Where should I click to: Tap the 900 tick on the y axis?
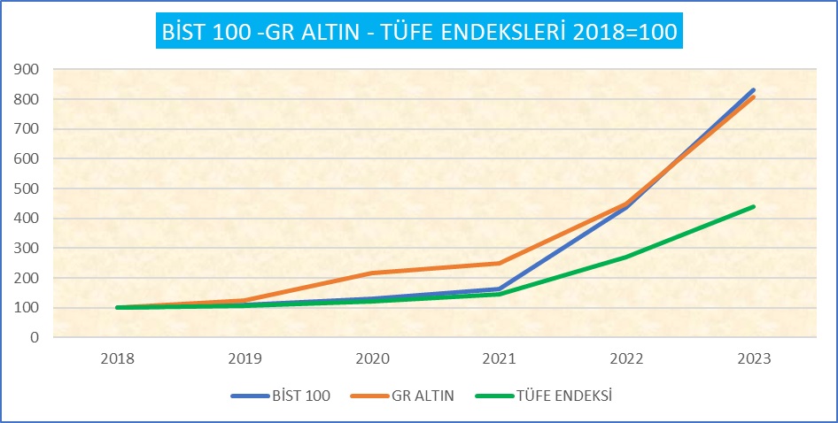click(27, 69)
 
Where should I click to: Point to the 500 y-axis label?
click(27, 188)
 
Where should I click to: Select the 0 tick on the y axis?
click(34, 337)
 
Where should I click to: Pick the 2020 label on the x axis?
click(371, 359)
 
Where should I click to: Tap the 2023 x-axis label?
click(754, 359)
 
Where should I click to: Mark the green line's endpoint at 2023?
click(754, 206)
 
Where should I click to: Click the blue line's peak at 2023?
click(754, 90)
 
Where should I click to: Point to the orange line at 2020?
click(371, 273)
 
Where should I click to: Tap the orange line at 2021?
click(499, 263)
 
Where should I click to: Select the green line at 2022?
click(626, 257)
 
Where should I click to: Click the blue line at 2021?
click(499, 288)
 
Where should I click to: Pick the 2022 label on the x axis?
click(626, 359)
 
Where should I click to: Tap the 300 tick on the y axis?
click(27, 248)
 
